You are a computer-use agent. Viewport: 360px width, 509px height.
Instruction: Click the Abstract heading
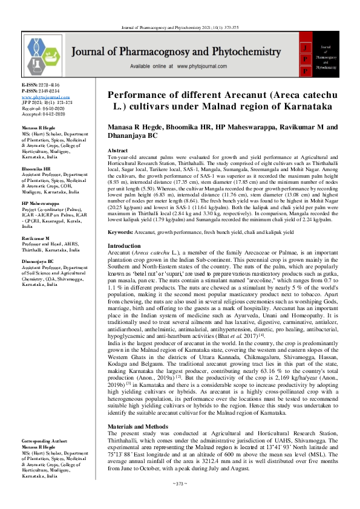(x=117, y=150)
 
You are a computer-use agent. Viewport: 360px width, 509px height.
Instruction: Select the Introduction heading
(x=124, y=246)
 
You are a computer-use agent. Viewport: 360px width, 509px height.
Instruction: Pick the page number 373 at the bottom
(x=180, y=501)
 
